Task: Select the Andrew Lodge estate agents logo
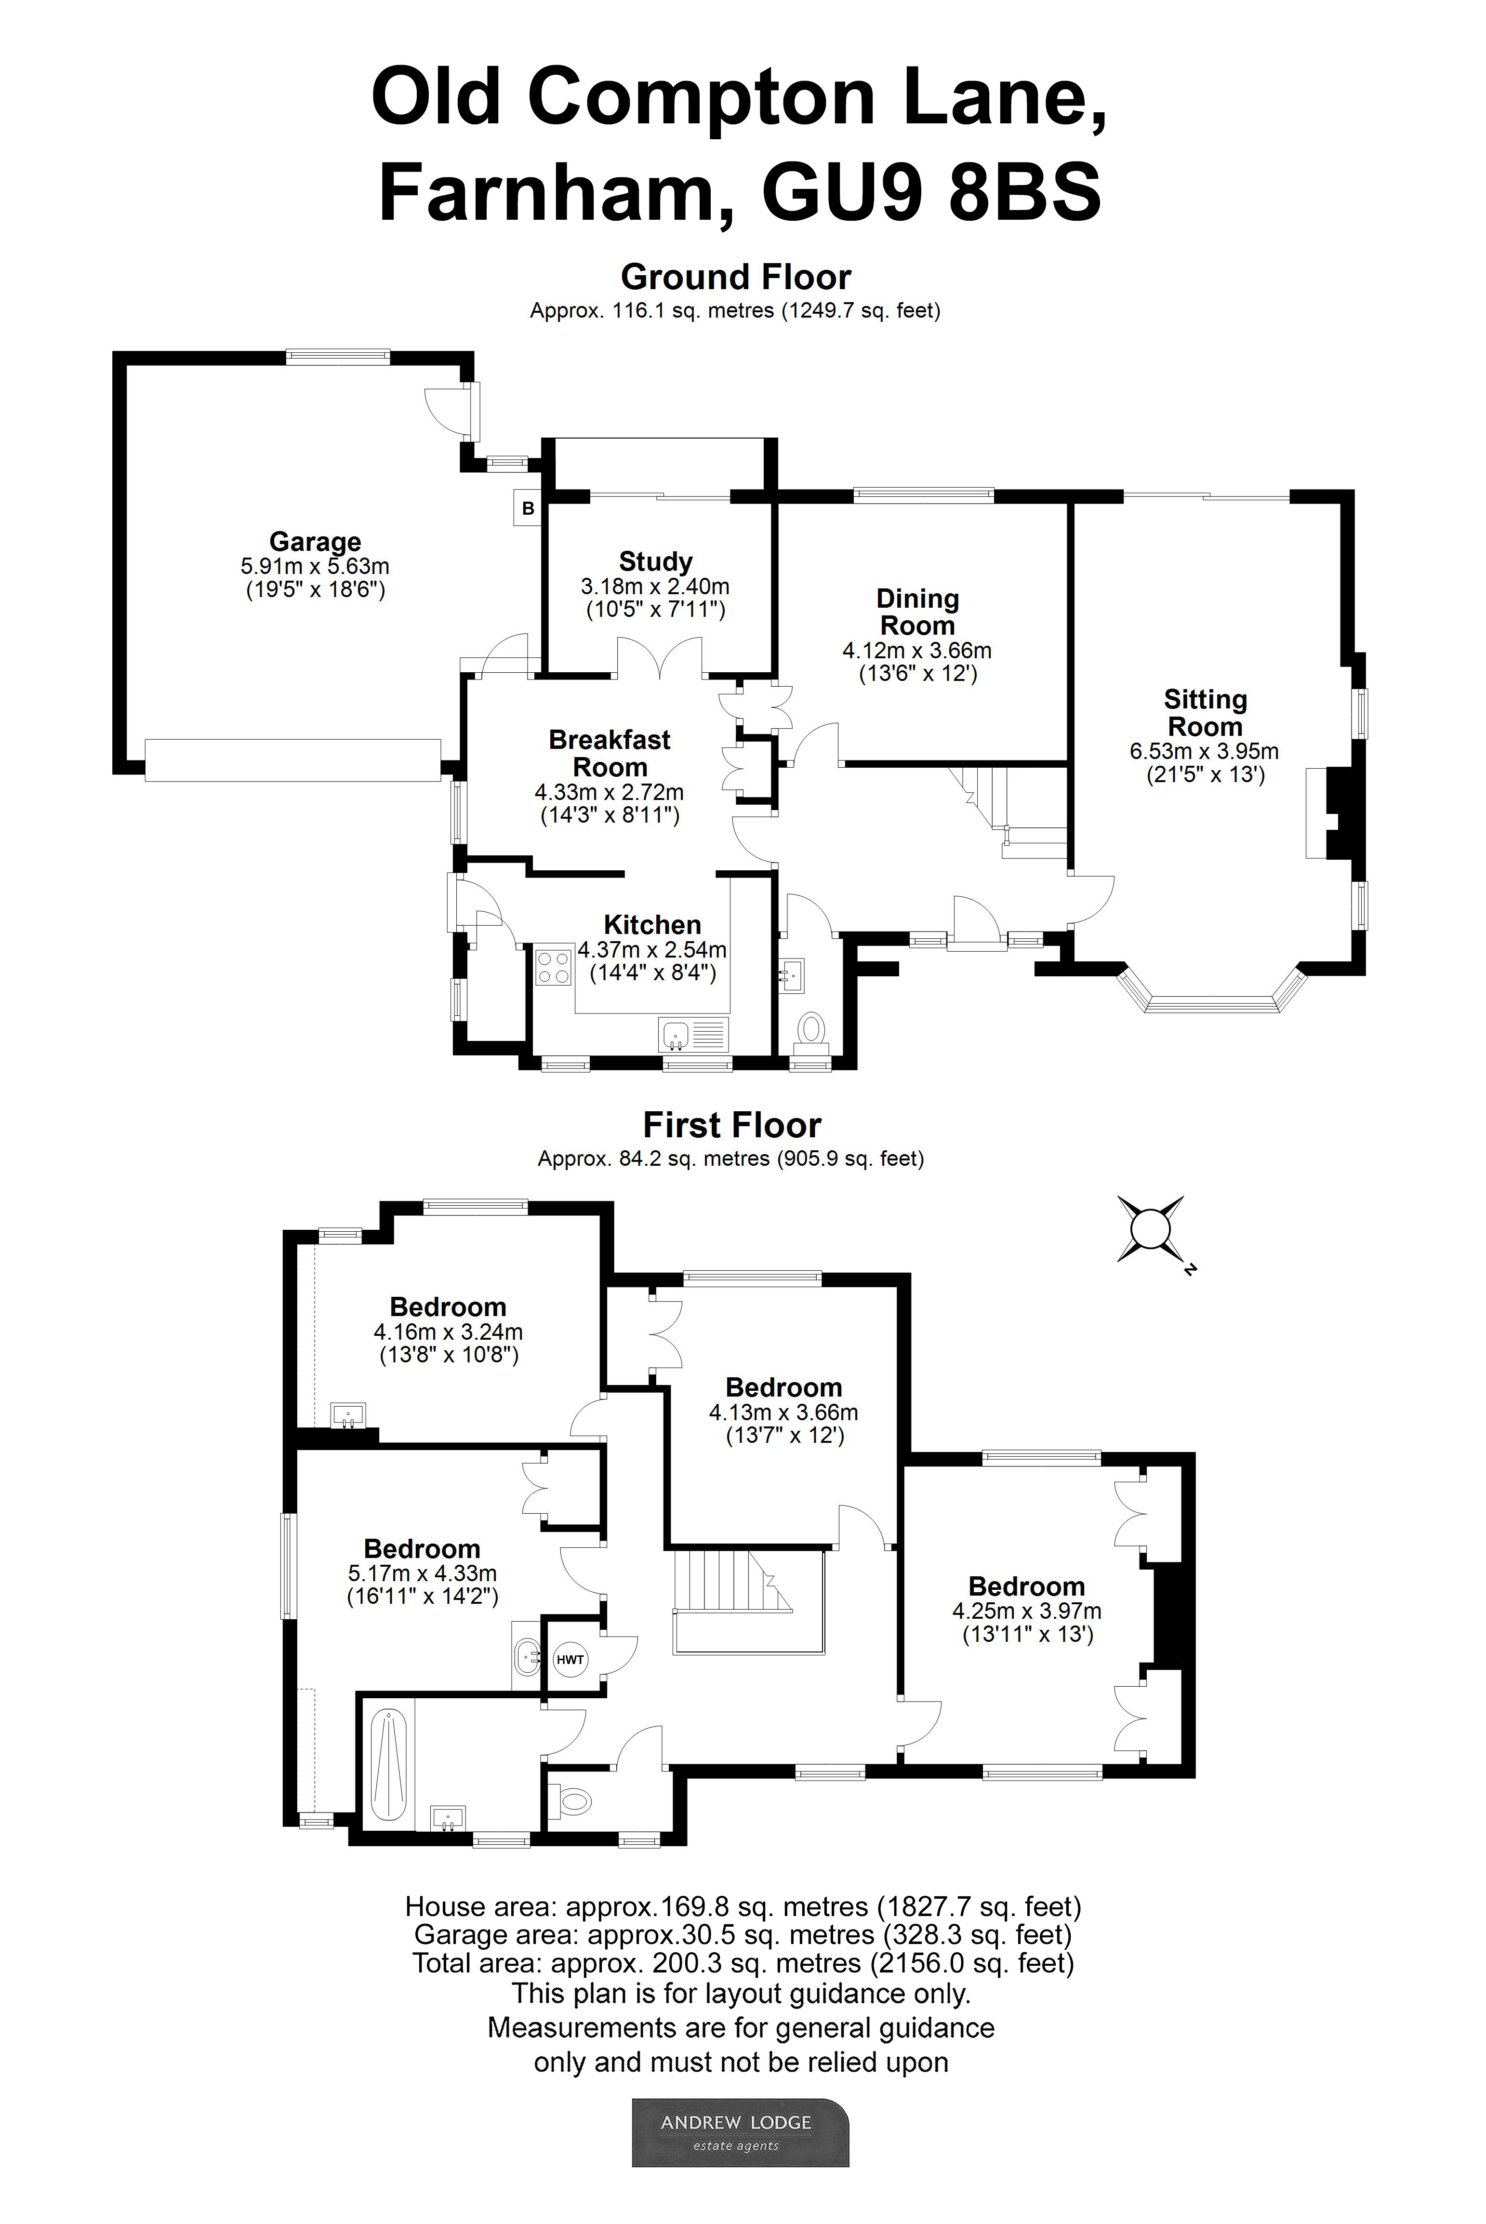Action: coord(740,2132)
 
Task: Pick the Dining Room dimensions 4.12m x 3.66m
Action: coord(916,651)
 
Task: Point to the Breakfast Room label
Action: coord(610,753)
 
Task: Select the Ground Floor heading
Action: coord(735,277)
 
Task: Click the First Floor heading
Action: coord(731,1125)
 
